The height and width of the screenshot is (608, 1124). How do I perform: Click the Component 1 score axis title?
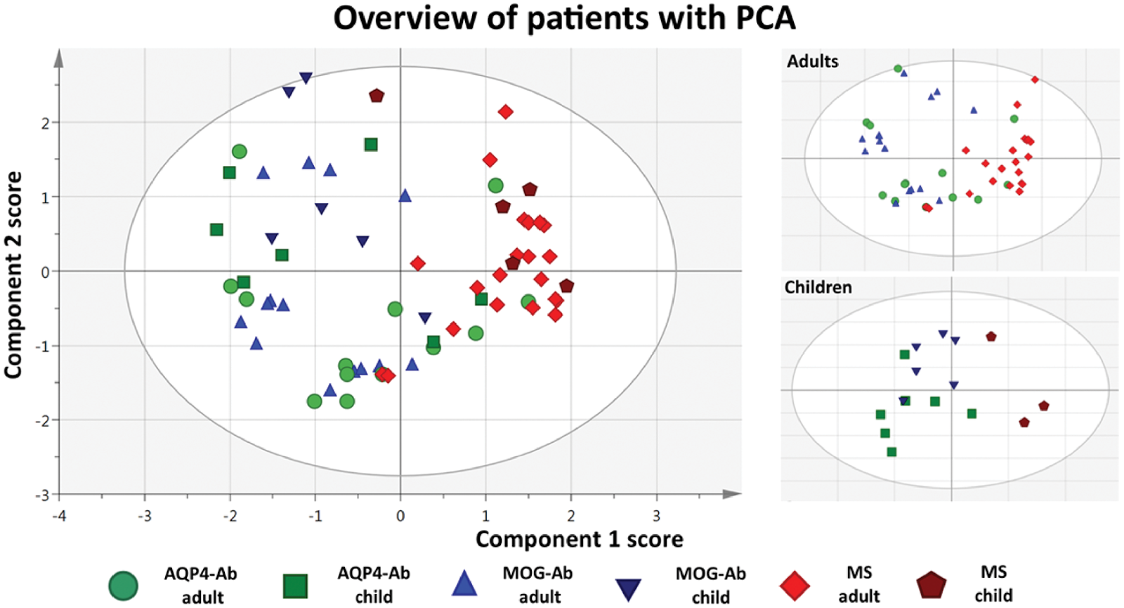[579, 539]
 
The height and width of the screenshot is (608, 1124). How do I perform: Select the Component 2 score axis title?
[13, 275]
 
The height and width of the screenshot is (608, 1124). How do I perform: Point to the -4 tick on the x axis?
[59, 515]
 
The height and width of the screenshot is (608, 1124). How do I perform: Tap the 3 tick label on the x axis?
[656, 515]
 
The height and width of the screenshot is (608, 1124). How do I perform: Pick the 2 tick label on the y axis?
[46, 123]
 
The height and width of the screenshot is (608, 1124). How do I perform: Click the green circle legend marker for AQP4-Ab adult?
[124, 585]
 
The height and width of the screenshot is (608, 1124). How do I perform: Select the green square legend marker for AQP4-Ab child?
[295, 586]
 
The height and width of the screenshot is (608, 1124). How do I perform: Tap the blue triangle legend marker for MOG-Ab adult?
[464, 584]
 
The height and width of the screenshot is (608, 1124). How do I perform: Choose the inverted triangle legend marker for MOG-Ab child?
[628, 588]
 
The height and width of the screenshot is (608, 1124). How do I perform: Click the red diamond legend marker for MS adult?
[795, 586]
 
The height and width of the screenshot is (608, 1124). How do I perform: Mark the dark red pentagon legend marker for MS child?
[932, 586]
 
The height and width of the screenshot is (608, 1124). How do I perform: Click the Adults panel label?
[812, 61]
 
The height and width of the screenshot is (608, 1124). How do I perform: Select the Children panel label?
[818, 287]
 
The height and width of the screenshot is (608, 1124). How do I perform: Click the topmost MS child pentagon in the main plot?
[377, 96]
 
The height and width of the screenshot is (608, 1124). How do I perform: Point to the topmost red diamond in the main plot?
[505, 112]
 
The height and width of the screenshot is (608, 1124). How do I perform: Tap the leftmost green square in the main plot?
[216, 230]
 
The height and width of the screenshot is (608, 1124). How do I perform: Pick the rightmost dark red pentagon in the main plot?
[566, 286]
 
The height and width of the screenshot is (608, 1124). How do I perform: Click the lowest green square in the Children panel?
[891, 452]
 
